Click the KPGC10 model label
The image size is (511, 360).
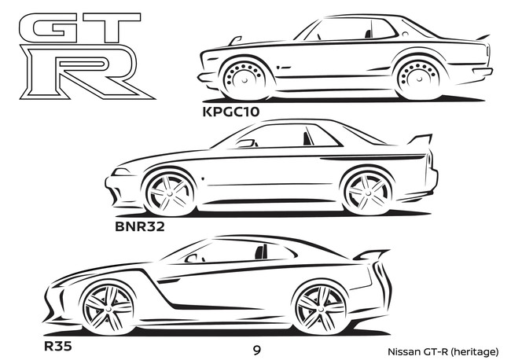click(x=231, y=112)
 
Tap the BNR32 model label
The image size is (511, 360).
click(x=140, y=226)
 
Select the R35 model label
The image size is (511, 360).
click(x=57, y=346)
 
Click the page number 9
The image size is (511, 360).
click(x=257, y=351)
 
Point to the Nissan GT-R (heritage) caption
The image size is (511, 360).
click(x=443, y=352)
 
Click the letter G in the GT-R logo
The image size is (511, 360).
click(x=49, y=28)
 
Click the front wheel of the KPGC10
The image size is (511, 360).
click(x=244, y=79)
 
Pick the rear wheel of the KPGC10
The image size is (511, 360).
click(x=418, y=79)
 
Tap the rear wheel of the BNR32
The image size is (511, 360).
click(x=368, y=193)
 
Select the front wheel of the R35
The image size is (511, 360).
click(x=108, y=308)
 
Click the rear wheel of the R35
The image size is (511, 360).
click(x=321, y=308)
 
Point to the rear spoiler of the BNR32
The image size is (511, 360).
click(x=422, y=139)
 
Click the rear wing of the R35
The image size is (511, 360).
click(x=372, y=255)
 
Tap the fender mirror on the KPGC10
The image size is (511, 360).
click(x=235, y=41)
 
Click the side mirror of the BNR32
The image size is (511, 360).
click(x=247, y=143)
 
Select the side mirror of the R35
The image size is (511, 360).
click(x=193, y=259)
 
